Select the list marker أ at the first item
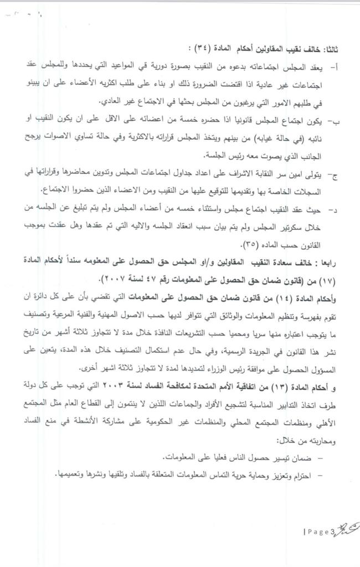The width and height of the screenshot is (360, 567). [333, 66]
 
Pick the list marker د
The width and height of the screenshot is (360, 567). [333, 211]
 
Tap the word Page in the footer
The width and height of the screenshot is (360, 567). [318, 533]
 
